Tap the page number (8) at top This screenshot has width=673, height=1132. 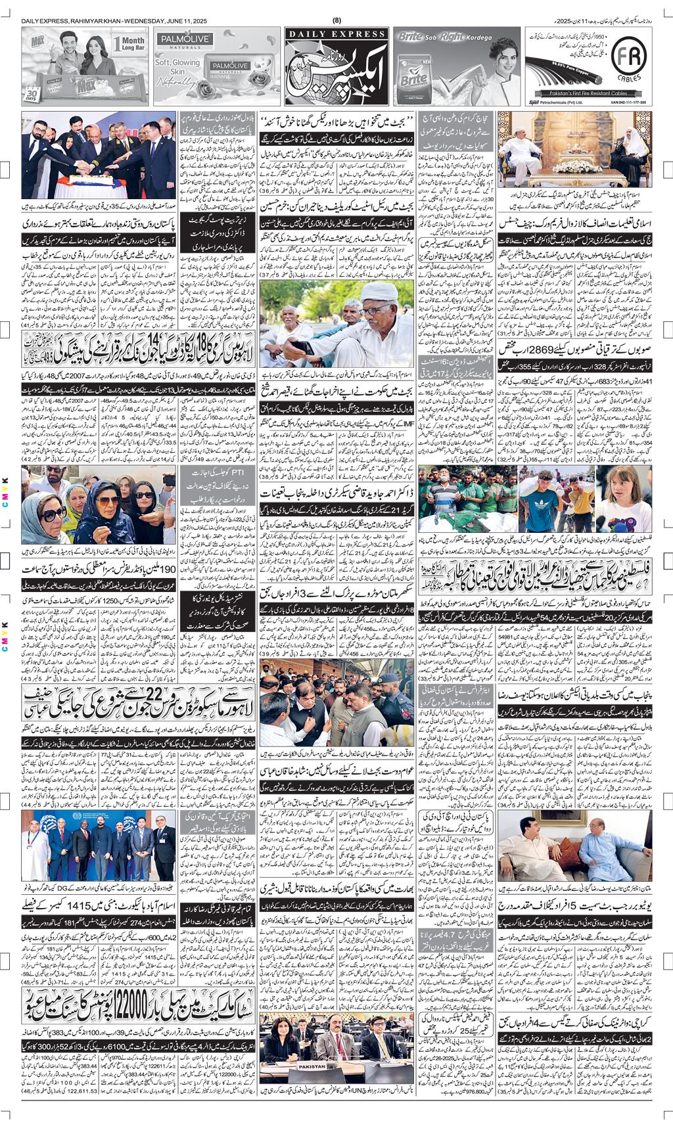(337, 20)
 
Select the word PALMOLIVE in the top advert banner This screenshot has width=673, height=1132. (183, 40)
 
